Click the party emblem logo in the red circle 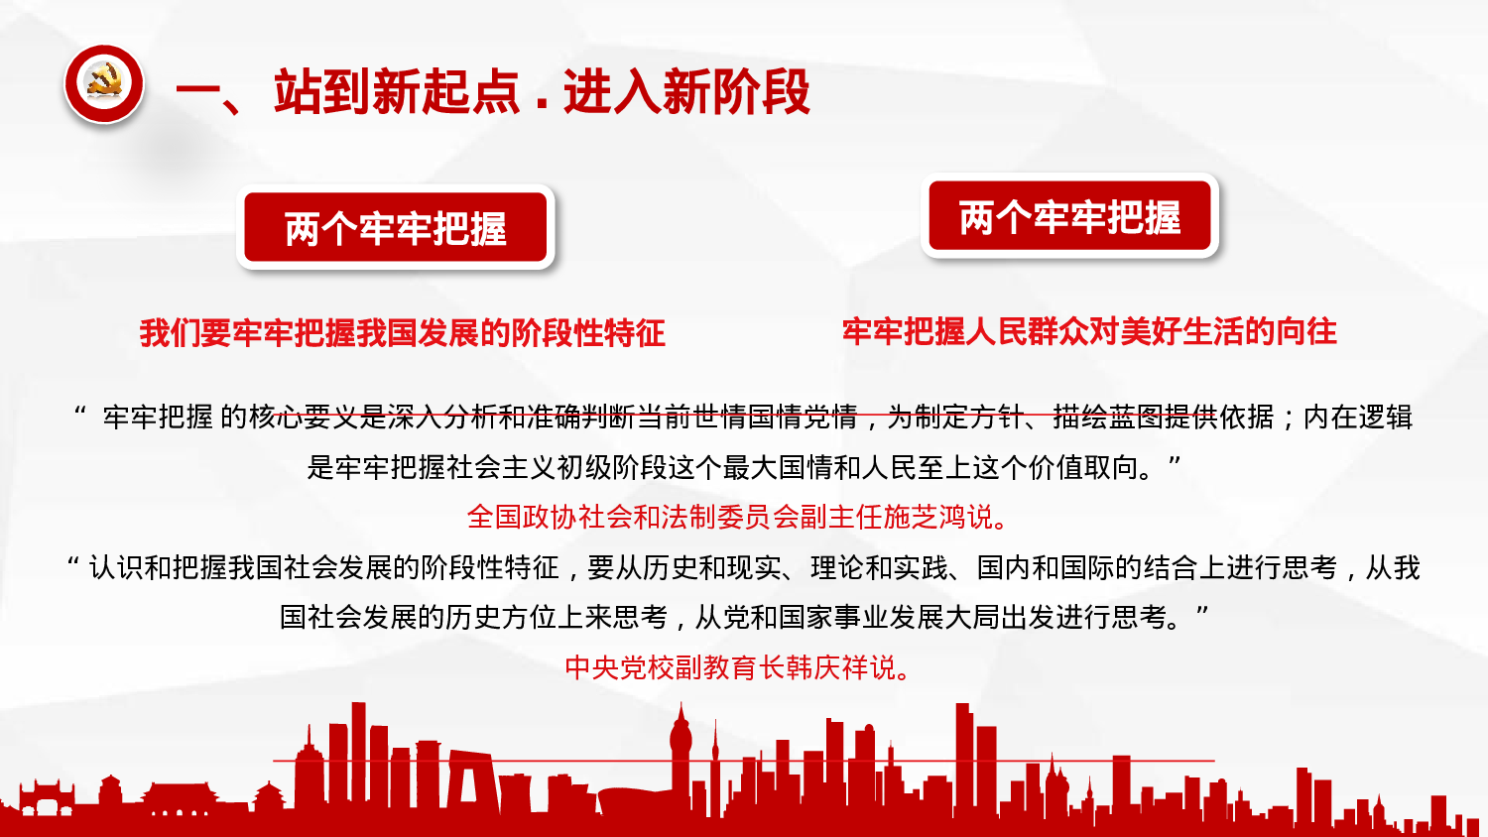pos(104,84)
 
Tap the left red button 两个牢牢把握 pos(396,228)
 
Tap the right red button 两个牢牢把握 pos(1069,217)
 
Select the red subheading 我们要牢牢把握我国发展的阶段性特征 pos(402,333)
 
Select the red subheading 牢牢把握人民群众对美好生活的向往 pos(1089,331)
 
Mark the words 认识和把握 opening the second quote pos(158,567)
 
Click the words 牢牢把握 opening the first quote pos(158,417)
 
